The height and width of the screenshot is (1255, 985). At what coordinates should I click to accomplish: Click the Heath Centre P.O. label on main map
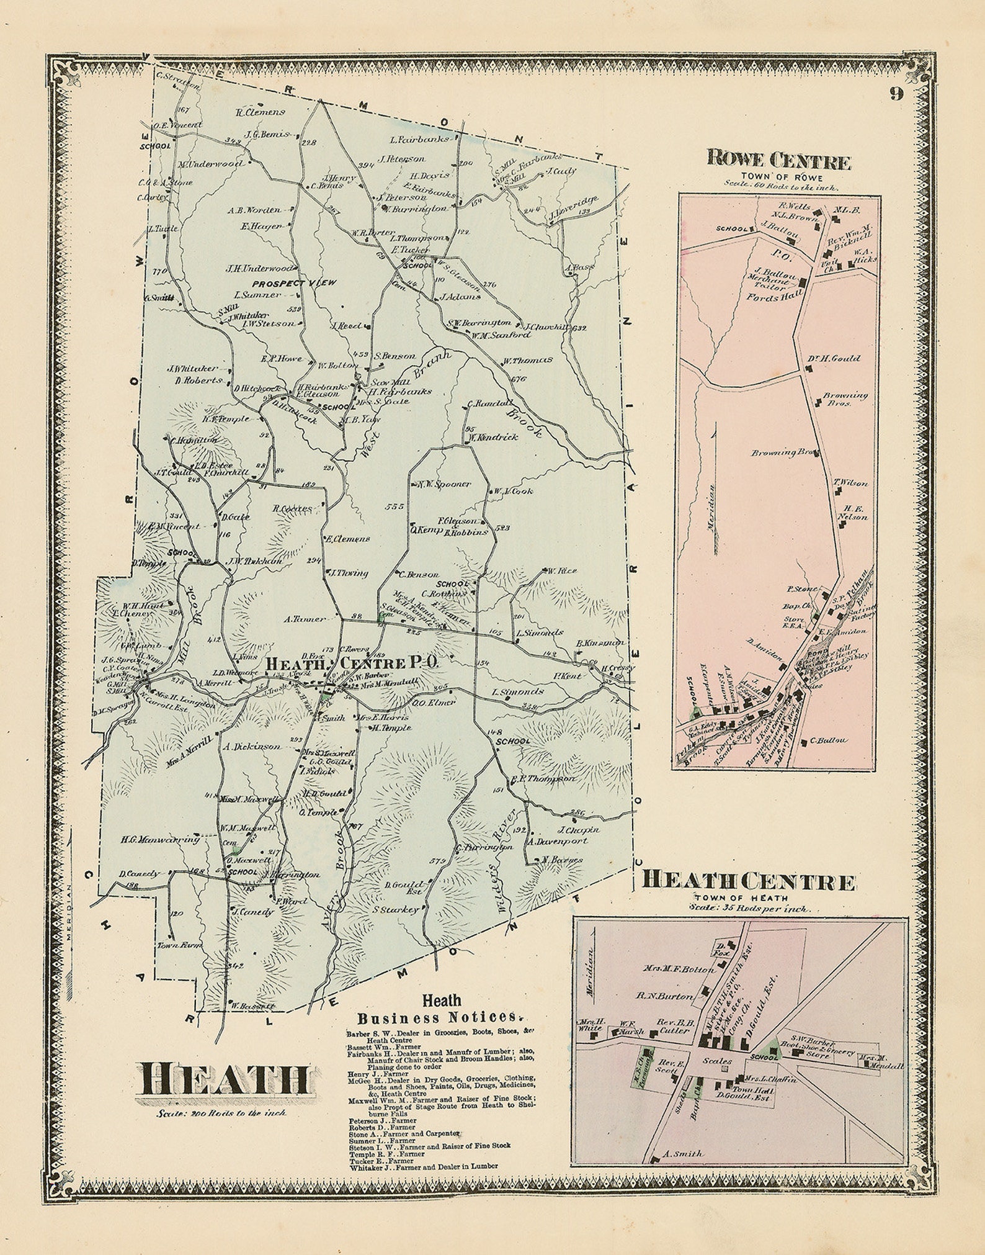pyautogui.click(x=352, y=662)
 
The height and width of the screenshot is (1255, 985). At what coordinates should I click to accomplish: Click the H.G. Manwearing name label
pyautogui.click(x=160, y=839)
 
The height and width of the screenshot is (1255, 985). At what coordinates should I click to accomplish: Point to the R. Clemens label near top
pyautogui.click(x=260, y=112)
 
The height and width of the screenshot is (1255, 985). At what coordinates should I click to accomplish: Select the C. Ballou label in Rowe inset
pyautogui.click(x=828, y=740)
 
